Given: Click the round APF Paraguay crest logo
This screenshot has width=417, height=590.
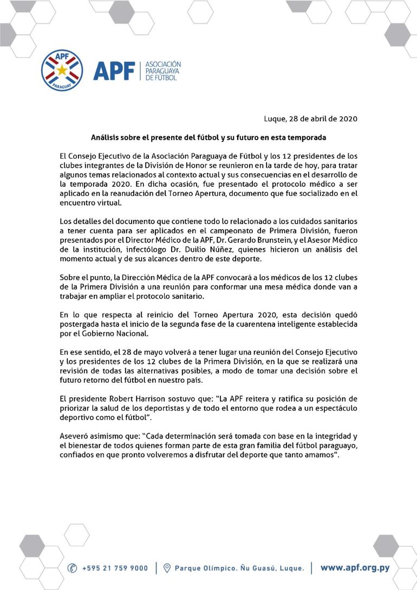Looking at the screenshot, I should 64,71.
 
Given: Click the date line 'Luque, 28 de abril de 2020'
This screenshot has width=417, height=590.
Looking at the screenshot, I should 310,119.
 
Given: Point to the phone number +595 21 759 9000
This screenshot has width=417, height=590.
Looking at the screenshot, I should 115,568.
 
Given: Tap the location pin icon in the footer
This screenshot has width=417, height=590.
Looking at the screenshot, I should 167,568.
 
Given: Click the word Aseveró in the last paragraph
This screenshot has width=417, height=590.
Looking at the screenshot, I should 76,435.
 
